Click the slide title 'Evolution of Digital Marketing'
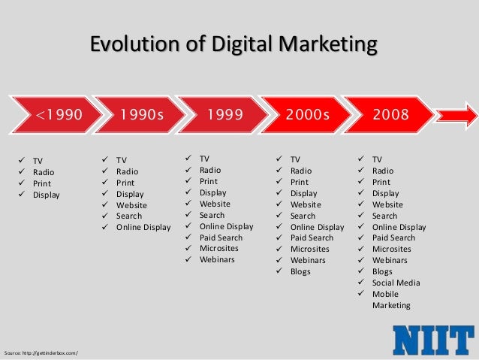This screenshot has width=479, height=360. pyautogui.click(x=233, y=44)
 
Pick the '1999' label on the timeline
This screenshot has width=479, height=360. pyautogui.click(x=226, y=115)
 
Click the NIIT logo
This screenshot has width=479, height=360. pyautogui.click(x=434, y=340)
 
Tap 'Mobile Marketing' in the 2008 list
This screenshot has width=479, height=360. pyautogui.click(x=390, y=300)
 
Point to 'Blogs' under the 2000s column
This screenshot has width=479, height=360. pyautogui.click(x=300, y=271)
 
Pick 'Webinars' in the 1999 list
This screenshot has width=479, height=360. pyautogui.click(x=217, y=260)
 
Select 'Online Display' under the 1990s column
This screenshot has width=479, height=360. pyautogui.click(x=143, y=227)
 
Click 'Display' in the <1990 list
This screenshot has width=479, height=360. pyautogui.click(x=46, y=195)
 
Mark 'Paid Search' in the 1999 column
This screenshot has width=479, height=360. pyautogui.click(x=221, y=237)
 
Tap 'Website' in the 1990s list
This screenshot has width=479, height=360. pyautogui.click(x=131, y=205)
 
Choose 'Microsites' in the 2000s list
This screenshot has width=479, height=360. pyautogui.click(x=309, y=249)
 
